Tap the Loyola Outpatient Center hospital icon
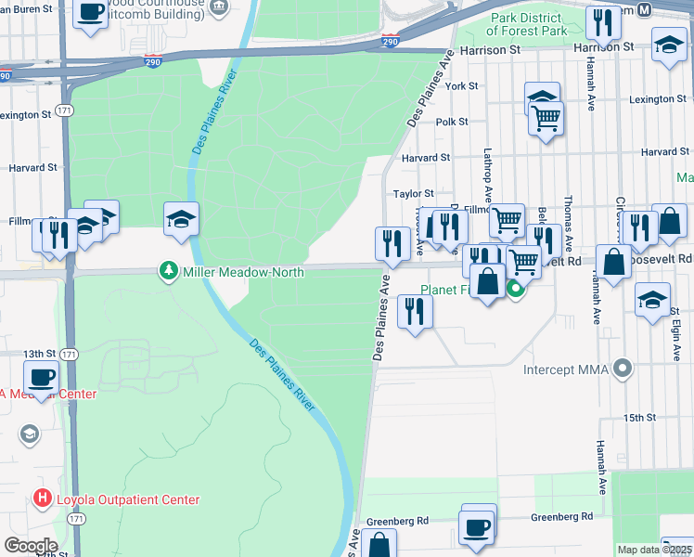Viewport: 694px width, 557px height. pyautogui.click(x=42, y=499)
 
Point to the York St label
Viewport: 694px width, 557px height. pyautogui.click(x=461, y=85)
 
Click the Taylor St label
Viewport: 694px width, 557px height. pyautogui.click(x=414, y=194)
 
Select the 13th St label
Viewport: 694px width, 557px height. pyautogui.click(x=40, y=354)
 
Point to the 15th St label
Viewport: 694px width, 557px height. pyautogui.click(x=639, y=419)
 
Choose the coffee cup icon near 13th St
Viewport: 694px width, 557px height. pyautogui.click(x=40, y=378)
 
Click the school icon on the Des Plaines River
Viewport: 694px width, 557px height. pyautogui.click(x=182, y=219)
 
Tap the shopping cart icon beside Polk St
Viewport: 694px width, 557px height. pyautogui.click(x=546, y=118)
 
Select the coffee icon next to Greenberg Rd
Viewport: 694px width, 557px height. pyautogui.click(x=478, y=526)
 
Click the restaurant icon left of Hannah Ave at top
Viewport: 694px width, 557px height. pyautogui.click(x=605, y=21)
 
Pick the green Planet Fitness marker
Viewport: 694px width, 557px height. pyautogui.click(x=516, y=290)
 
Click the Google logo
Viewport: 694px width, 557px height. pyautogui.click(x=31, y=546)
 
